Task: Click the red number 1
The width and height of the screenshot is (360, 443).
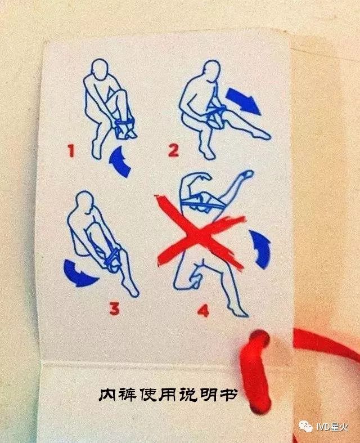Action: click(x=71, y=150)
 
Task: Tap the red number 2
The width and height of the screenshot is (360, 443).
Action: click(x=174, y=150)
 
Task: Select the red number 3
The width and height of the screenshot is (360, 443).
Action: click(x=114, y=308)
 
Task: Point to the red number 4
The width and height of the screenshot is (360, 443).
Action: click(x=204, y=310)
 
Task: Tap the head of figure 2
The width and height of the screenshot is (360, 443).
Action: click(x=211, y=70)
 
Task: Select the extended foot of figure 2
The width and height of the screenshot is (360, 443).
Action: click(x=263, y=135)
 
